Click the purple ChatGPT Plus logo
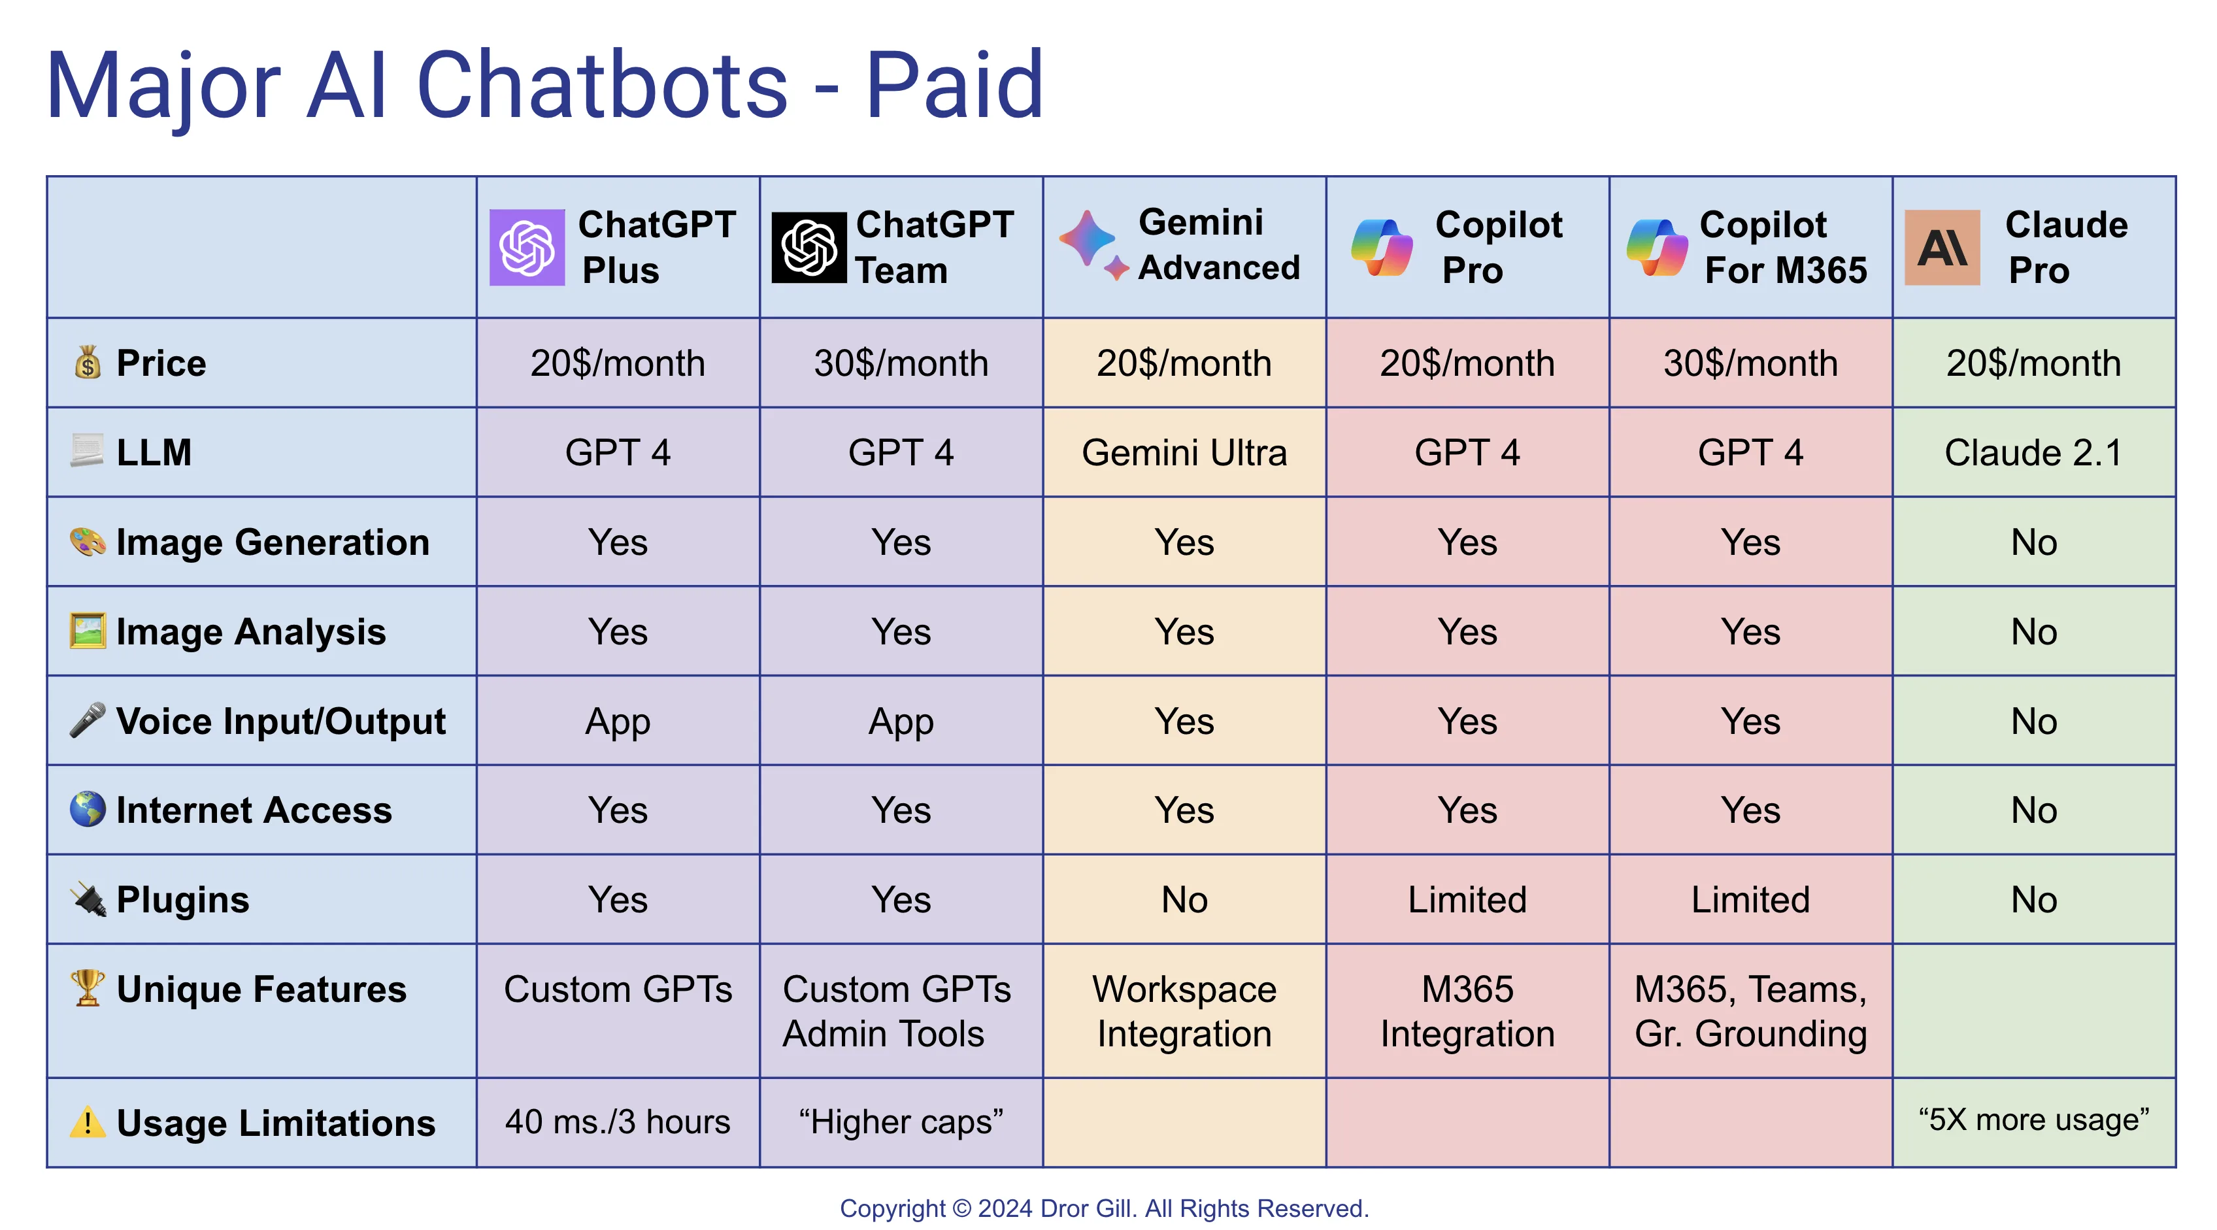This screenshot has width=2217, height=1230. click(x=527, y=247)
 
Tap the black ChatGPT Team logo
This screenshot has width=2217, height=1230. click(x=809, y=247)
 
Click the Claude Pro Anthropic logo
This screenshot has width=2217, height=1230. click(x=1942, y=247)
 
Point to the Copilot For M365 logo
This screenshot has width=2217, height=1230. click(x=1657, y=247)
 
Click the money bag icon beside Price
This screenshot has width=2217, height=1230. click(x=88, y=362)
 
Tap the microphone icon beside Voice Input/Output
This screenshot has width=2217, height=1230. click(x=88, y=720)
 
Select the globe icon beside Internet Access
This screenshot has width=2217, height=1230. click(x=88, y=809)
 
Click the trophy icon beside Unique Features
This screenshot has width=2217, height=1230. click(x=88, y=988)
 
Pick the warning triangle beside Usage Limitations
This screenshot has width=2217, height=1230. click(x=88, y=1122)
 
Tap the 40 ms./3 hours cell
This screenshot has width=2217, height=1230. click(x=618, y=1122)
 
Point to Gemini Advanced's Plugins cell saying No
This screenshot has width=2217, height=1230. click(x=1184, y=899)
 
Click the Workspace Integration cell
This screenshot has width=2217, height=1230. click(x=1184, y=1010)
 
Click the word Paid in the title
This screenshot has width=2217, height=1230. click(x=954, y=86)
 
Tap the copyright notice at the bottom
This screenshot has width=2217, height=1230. click(x=1104, y=1208)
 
